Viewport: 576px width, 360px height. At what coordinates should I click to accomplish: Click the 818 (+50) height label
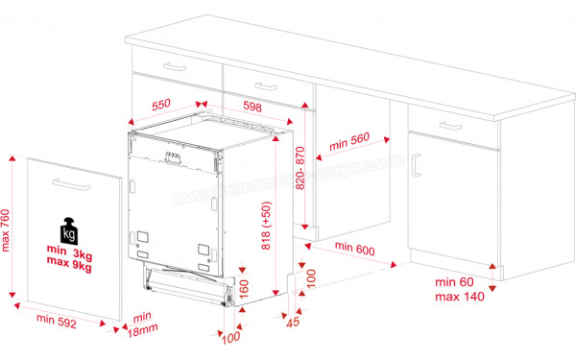(268, 225)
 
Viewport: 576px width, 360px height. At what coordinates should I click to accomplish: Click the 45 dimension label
(295, 323)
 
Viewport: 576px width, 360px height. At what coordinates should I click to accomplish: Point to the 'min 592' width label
(58, 321)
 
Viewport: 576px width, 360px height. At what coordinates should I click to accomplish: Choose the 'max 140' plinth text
(460, 298)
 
